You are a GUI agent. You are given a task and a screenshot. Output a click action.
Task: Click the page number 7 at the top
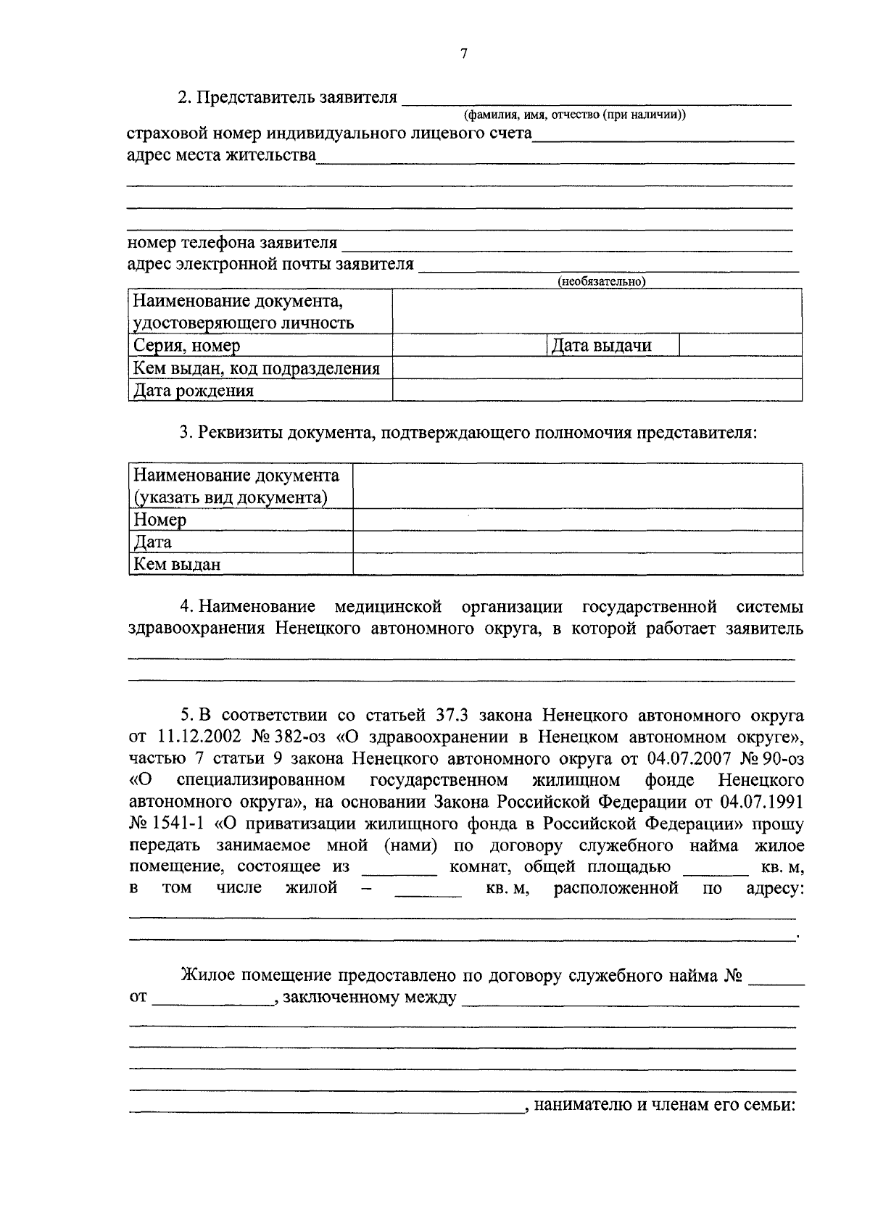pyautogui.click(x=464, y=53)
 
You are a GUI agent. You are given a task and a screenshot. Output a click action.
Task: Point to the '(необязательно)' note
pyautogui.click(x=601, y=282)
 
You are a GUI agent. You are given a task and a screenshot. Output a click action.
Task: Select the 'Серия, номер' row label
pyautogui.click(x=187, y=346)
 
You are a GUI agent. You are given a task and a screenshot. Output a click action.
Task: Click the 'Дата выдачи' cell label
pyautogui.click(x=601, y=346)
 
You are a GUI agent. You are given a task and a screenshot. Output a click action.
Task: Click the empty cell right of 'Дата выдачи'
pyautogui.click(x=739, y=345)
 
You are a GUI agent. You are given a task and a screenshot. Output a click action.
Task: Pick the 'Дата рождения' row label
pyautogui.click(x=194, y=391)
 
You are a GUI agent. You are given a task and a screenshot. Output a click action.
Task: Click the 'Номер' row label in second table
pyautogui.click(x=160, y=520)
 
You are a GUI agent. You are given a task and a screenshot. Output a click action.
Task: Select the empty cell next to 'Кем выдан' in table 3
pyautogui.click(x=577, y=564)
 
